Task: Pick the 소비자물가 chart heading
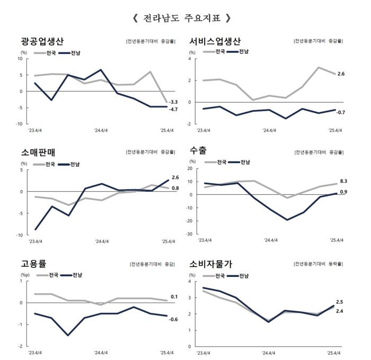pos(211,264)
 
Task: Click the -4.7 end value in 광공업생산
pos(173,109)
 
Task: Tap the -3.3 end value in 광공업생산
pos(173,102)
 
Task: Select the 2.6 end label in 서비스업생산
pos(341,74)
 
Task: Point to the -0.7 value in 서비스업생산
pos(341,112)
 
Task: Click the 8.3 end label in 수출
pos(343,182)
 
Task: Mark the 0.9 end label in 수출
pos(343,192)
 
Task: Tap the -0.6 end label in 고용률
pos(173,319)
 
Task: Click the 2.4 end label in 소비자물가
pos(340,311)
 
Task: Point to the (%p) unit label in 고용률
pos(24,275)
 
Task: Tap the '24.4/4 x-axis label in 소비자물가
pos(268,352)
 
